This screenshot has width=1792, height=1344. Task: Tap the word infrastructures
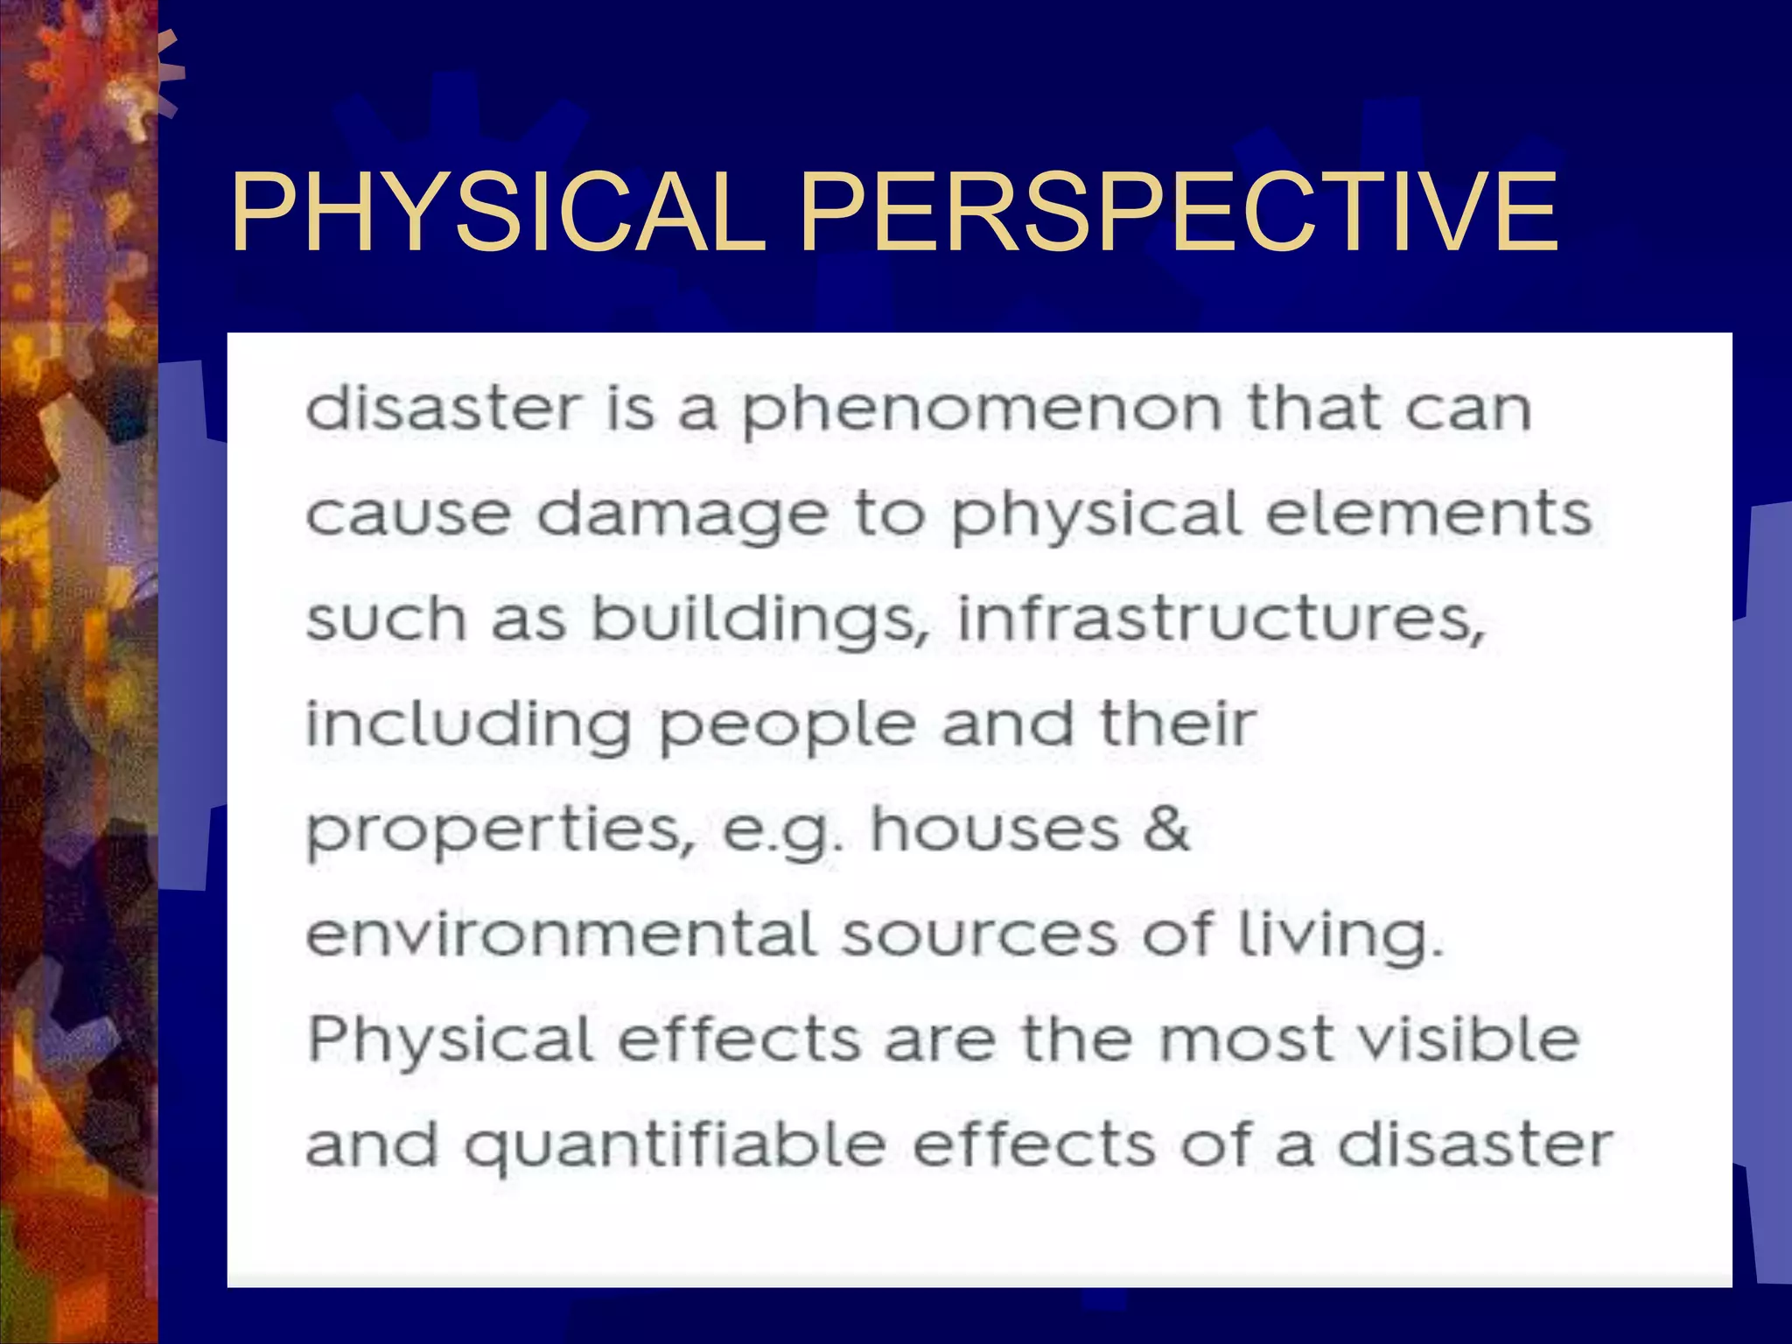coord(1221,618)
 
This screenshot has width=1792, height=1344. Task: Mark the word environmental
coord(561,934)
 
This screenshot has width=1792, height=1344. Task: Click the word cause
coord(408,514)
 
